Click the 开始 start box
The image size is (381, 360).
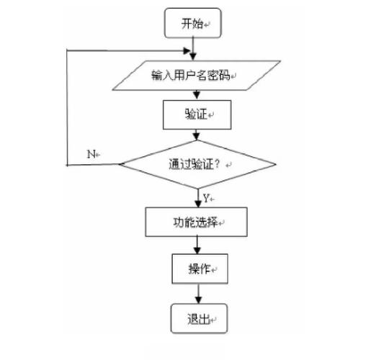click(192, 23)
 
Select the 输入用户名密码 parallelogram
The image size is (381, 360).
click(193, 76)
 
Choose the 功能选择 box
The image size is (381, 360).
click(196, 222)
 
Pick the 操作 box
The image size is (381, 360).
click(198, 269)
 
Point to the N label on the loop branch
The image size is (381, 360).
click(91, 154)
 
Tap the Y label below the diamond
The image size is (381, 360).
click(205, 197)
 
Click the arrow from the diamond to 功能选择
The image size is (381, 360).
click(195, 198)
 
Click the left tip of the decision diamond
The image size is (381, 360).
click(120, 165)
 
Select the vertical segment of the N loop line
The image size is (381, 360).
click(66, 108)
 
